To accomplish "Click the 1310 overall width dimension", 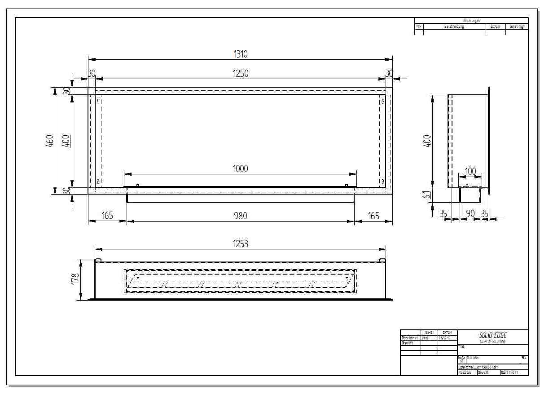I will [x=241, y=54].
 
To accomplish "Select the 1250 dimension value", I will [x=241, y=73].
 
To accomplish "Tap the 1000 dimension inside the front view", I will [x=240, y=169].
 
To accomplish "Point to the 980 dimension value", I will [x=240, y=216].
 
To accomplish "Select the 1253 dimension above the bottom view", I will [x=241, y=244].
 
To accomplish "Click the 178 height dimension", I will [x=75, y=278].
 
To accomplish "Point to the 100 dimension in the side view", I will [x=470, y=171].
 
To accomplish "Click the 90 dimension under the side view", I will [x=470, y=214].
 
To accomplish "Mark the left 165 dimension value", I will [x=107, y=216].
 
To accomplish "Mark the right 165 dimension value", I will [x=373, y=216].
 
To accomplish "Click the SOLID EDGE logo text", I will [x=492, y=335].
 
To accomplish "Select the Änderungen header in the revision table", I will [x=471, y=20].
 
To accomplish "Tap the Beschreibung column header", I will [x=454, y=27].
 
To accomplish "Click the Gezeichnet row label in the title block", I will [x=410, y=337].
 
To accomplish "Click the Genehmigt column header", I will [x=516, y=27].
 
